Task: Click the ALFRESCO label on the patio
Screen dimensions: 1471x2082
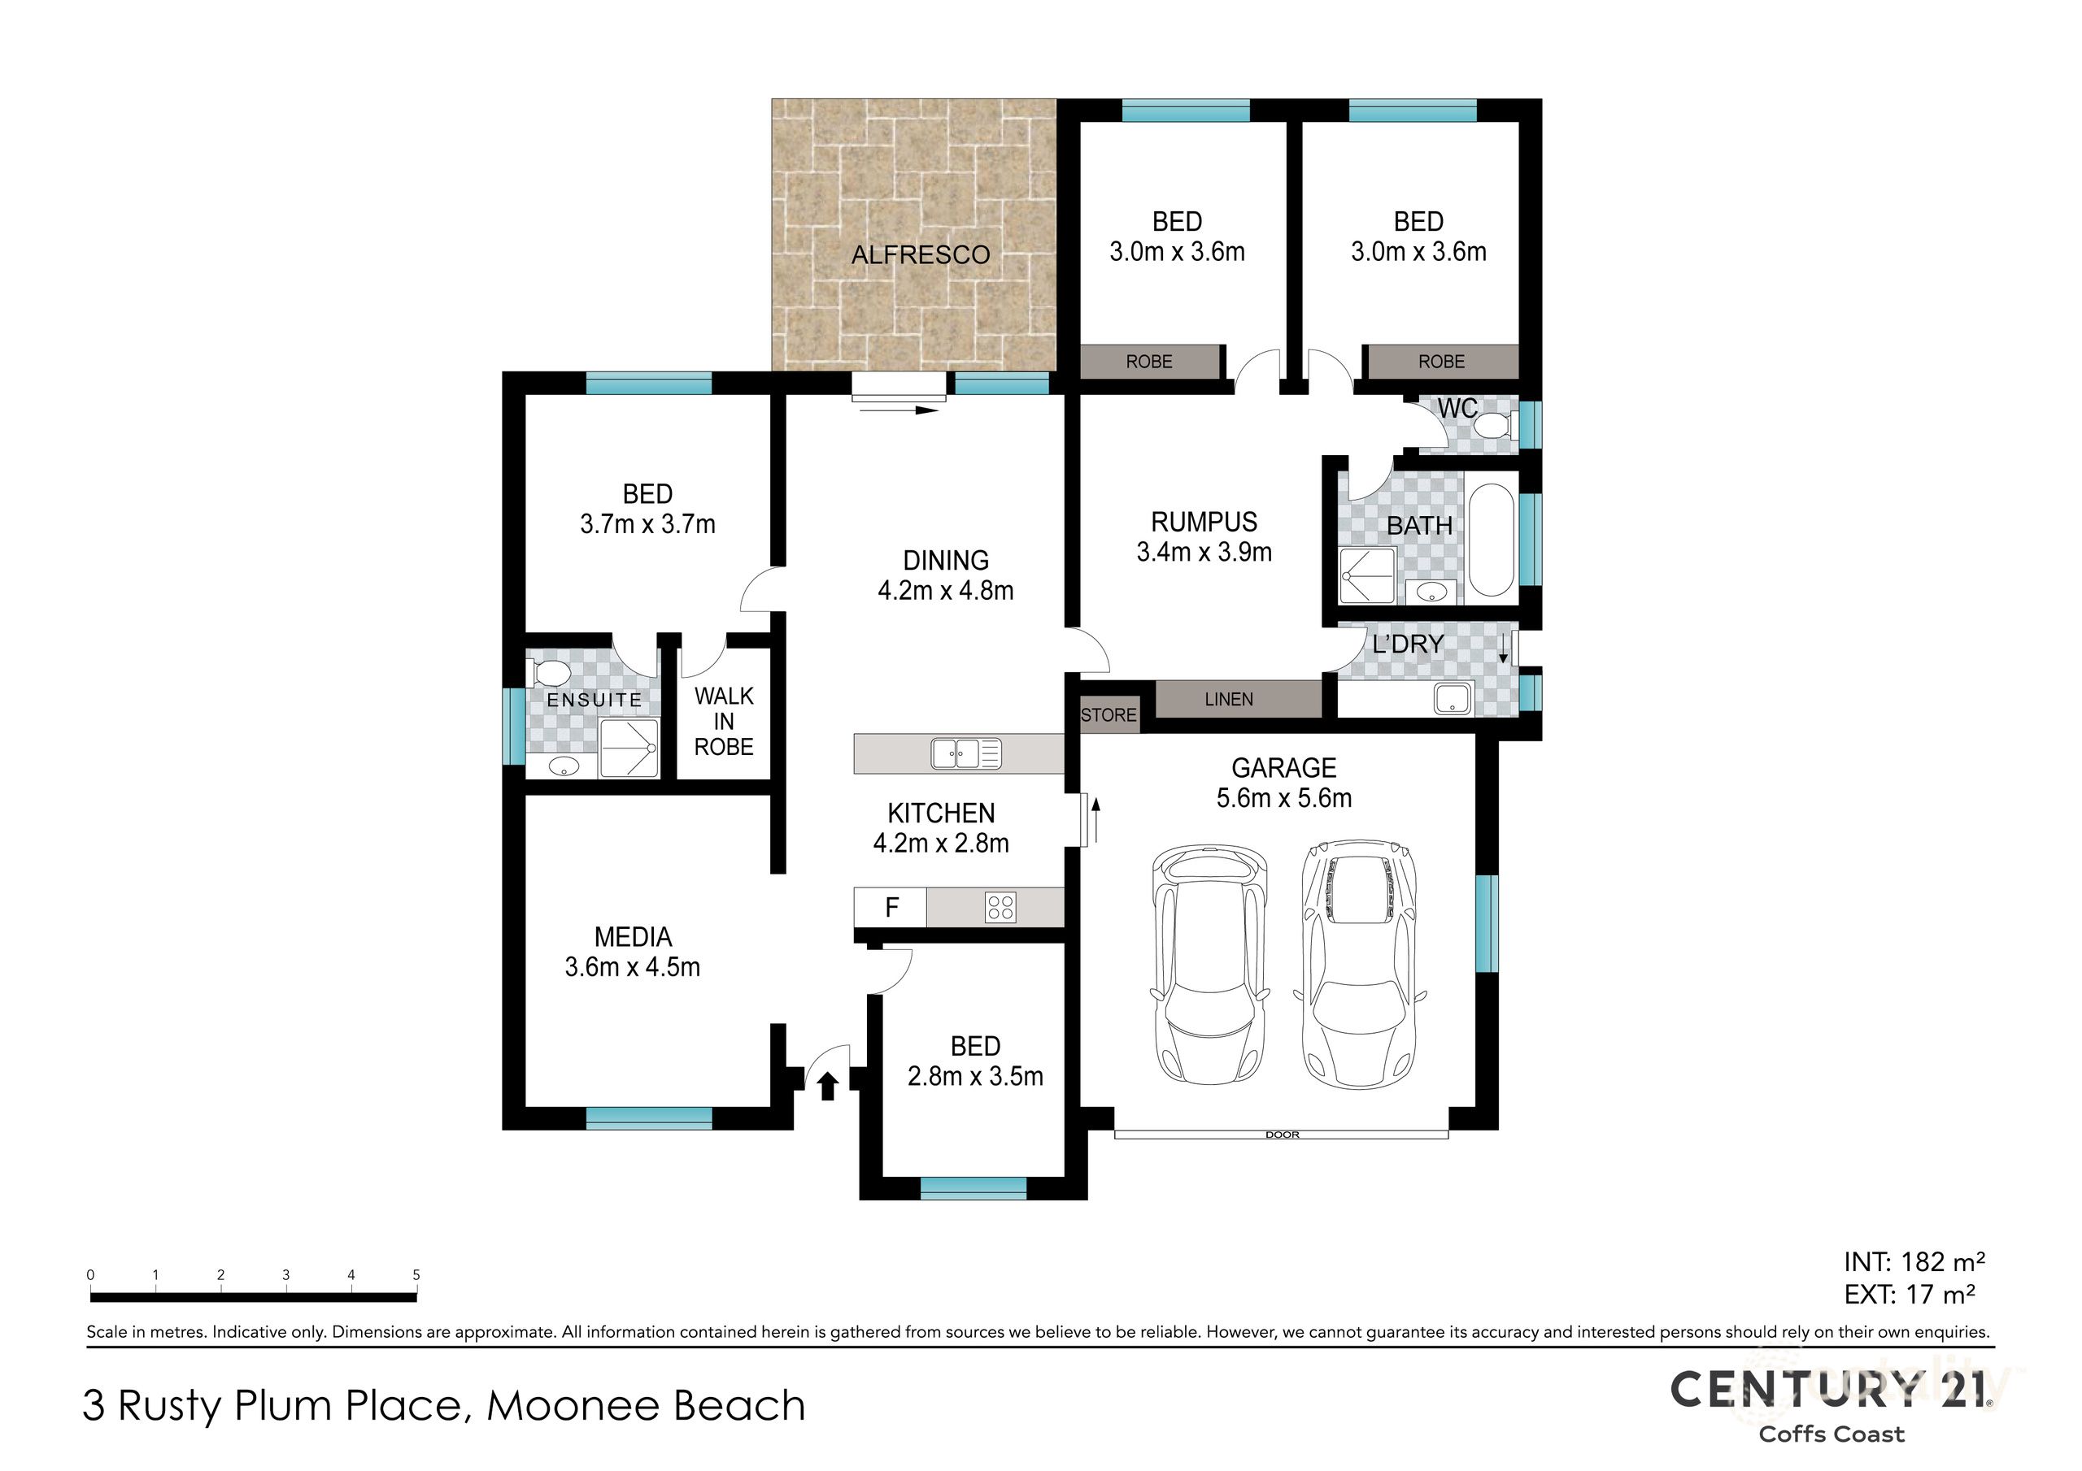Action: click(x=920, y=254)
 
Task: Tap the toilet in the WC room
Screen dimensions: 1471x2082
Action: click(x=1492, y=425)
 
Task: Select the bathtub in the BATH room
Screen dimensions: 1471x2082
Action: click(x=1490, y=541)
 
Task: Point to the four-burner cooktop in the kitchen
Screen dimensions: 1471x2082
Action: click(x=1000, y=907)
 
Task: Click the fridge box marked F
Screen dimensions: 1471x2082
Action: click(x=891, y=907)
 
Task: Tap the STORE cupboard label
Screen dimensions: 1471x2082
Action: click(x=1109, y=715)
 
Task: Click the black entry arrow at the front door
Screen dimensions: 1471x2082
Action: click(x=826, y=1086)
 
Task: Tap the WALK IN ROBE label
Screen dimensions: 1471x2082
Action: click(x=724, y=722)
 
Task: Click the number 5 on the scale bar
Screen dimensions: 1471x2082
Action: click(x=416, y=1274)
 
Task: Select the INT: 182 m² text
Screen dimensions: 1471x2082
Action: click(x=1914, y=1261)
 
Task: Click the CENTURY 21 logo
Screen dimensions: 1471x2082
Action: click(x=1831, y=1390)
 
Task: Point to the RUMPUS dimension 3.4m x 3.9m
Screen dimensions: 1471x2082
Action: click(x=1204, y=552)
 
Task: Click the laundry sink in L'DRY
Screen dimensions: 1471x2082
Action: click(x=1453, y=699)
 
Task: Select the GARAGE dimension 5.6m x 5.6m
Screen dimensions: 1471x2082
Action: click(x=1283, y=799)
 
